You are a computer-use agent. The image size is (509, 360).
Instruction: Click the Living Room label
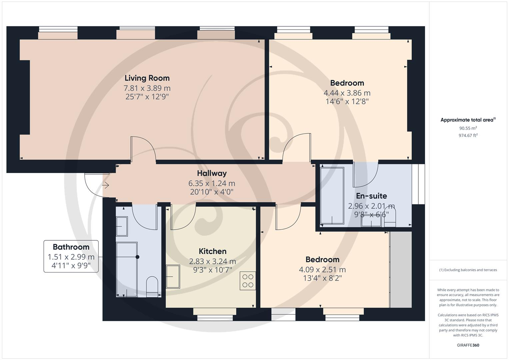[147, 78]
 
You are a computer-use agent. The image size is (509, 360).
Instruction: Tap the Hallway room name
[212, 173]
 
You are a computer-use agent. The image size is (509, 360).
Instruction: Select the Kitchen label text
[212, 251]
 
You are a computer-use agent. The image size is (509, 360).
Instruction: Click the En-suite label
[371, 196]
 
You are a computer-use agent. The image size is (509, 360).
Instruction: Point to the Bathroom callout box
[71, 256]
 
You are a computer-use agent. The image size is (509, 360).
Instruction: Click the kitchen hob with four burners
[248, 281]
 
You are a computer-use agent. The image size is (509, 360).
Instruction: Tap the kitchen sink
[173, 276]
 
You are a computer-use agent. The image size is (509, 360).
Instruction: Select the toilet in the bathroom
[152, 286]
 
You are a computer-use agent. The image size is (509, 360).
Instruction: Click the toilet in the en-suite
[390, 218]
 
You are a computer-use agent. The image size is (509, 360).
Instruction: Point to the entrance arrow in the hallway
[106, 185]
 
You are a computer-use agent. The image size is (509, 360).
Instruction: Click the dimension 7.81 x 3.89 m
[147, 88]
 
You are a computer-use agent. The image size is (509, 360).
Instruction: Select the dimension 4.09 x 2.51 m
[322, 270]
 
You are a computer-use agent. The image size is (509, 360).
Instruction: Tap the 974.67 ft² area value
[468, 135]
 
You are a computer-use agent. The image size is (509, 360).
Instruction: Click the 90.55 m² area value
[468, 128]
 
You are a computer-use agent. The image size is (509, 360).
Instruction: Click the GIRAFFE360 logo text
[468, 345]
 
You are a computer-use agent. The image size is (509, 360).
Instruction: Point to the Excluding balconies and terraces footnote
[468, 270]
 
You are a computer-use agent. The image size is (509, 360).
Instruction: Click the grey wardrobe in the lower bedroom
[401, 269]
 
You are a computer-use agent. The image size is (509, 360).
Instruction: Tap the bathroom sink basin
[122, 226]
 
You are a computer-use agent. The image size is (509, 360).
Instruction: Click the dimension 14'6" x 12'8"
[347, 102]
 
